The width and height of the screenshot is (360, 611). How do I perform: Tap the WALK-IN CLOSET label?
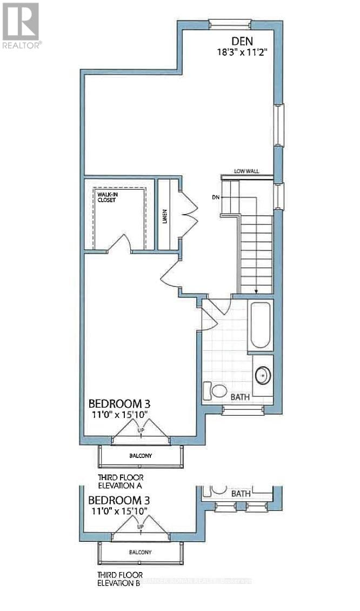(x=107, y=196)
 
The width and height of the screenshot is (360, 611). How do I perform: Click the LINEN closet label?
(x=164, y=216)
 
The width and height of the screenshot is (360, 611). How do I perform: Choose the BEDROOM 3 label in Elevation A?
(x=119, y=403)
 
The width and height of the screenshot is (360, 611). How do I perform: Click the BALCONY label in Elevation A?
(x=141, y=455)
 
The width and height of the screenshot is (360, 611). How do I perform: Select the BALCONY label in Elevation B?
(x=141, y=552)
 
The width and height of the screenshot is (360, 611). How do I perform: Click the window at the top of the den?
(x=230, y=23)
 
